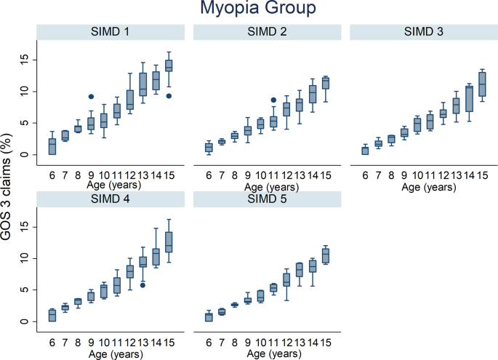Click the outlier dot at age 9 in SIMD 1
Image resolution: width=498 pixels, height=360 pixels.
tap(91, 97)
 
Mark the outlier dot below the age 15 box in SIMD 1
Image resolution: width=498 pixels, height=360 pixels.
tap(169, 96)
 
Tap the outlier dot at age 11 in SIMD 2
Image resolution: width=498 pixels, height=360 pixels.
tap(273, 100)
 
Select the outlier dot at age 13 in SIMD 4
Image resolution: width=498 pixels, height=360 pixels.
tap(143, 285)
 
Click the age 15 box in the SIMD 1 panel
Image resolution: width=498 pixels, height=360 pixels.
tap(169, 65)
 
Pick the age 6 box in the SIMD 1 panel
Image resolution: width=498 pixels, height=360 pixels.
tap(52, 146)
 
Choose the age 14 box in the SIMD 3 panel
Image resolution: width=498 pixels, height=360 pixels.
tap(470, 98)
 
